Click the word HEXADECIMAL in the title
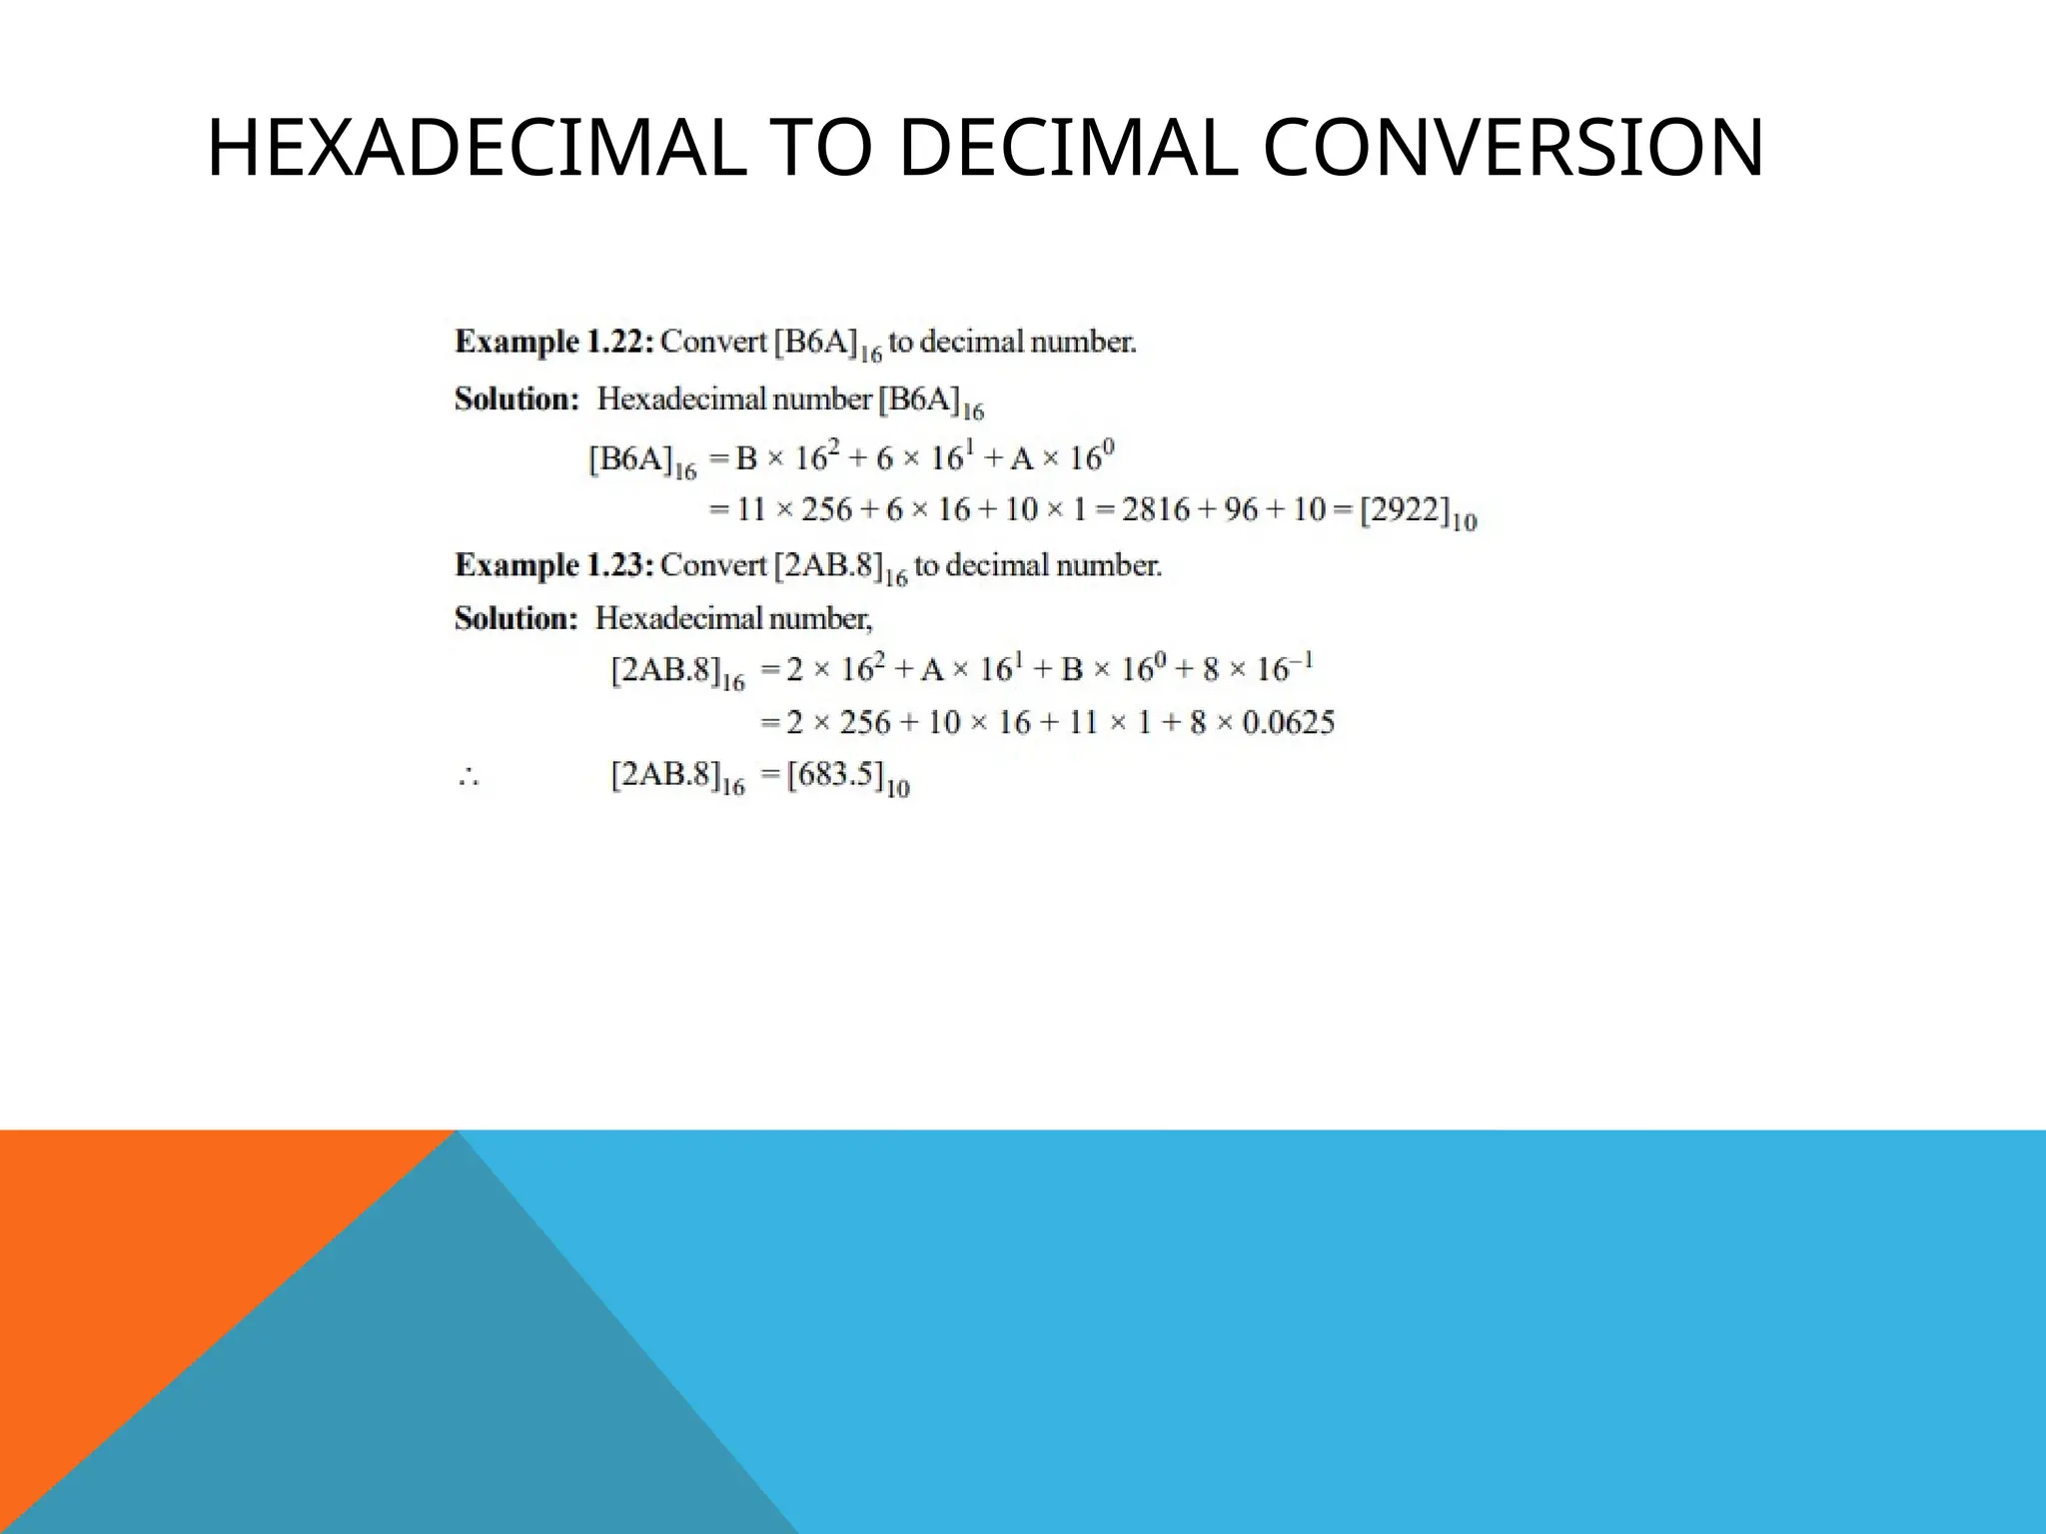pyautogui.click(x=476, y=149)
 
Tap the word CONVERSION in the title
pyautogui.click(x=1513, y=149)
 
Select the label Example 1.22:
pyautogui.click(x=554, y=342)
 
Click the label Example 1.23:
pyautogui.click(x=554, y=565)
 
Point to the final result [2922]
pyautogui.click(x=1404, y=510)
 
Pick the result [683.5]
pyautogui.click(x=834, y=775)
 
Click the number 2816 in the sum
pyautogui.click(x=1155, y=510)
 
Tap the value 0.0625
pyautogui.click(x=1288, y=722)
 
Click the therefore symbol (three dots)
pyautogui.click(x=469, y=777)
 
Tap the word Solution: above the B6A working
pyautogui.click(x=516, y=399)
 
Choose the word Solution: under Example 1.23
pyautogui.click(x=515, y=619)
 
